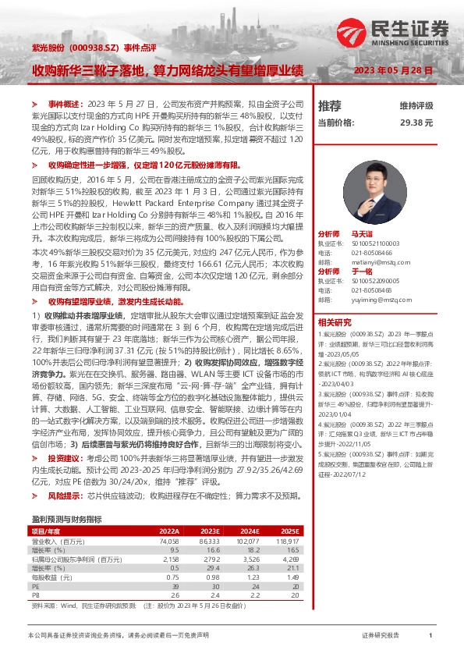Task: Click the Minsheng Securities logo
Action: (x=395, y=32)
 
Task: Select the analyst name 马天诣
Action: (x=363, y=234)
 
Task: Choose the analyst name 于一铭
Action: (x=363, y=270)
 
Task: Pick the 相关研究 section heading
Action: (x=335, y=321)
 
